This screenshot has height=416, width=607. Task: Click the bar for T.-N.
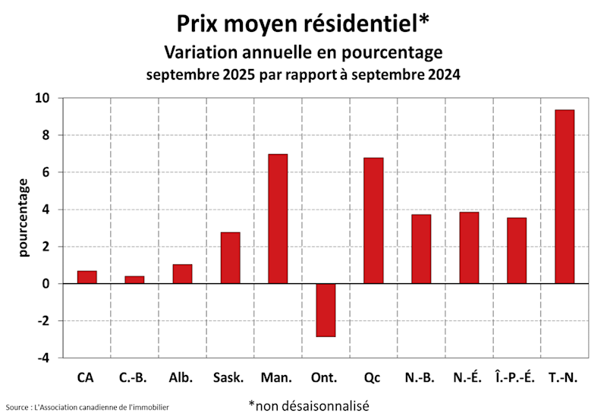point(565,197)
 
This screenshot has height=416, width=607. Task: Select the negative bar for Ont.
point(326,310)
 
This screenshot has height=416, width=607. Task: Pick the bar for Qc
point(373,220)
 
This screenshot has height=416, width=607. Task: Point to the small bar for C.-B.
point(134,279)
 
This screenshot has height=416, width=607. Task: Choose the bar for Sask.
point(230,258)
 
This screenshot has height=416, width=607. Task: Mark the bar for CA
point(86,277)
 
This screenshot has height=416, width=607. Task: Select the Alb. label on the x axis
point(182,377)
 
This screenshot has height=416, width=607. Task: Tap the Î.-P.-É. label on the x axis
point(516,377)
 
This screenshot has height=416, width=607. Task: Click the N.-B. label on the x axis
point(420,377)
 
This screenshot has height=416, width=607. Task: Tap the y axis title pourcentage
point(24,218)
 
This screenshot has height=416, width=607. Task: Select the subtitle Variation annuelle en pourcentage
point(303,52)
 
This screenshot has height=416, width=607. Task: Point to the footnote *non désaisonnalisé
point(308,405)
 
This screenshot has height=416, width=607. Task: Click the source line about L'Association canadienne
point(87,408)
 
